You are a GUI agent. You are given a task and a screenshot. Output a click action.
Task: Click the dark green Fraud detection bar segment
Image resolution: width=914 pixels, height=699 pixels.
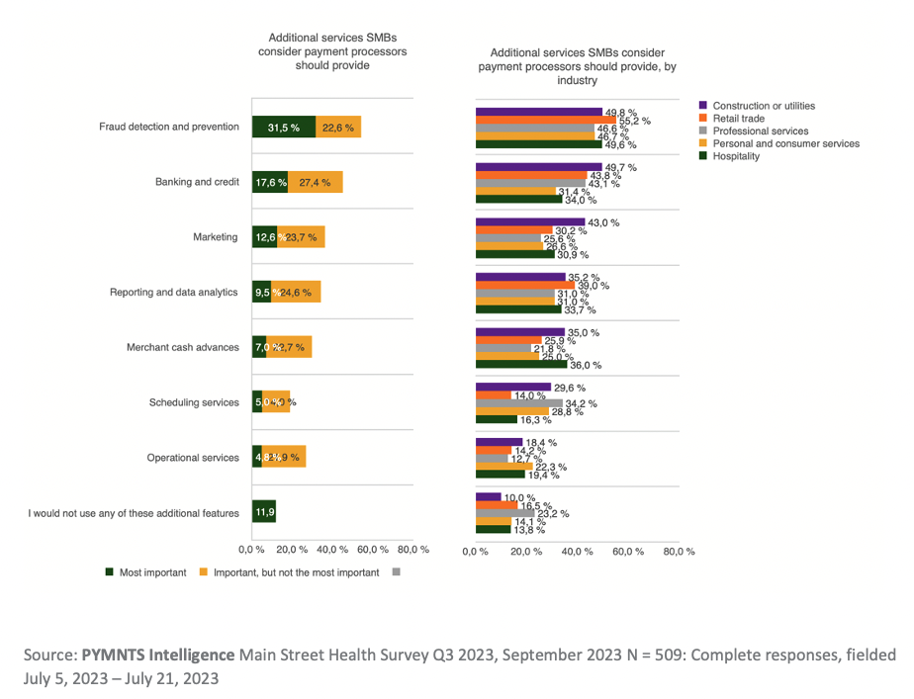pos(284,127)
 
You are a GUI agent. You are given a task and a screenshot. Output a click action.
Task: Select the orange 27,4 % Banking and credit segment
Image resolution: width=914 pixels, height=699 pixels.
pos(316,182)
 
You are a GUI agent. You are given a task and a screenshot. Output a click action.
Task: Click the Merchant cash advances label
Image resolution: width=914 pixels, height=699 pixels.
pos(183,348)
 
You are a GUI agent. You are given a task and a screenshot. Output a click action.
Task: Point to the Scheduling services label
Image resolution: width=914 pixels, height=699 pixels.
pos(194,402)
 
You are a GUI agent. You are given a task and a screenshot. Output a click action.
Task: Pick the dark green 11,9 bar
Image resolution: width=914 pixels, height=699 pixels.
pos(264,513)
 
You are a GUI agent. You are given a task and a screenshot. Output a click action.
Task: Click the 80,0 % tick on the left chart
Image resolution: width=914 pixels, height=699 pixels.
pos(412,549)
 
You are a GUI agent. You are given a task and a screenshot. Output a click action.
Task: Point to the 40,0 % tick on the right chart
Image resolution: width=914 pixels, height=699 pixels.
pos(577,552)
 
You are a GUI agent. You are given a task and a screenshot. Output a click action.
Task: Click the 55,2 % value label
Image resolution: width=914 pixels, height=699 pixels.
pos(635,121)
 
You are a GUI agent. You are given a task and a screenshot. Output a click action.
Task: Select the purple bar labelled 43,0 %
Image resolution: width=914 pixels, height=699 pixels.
pos(530,222)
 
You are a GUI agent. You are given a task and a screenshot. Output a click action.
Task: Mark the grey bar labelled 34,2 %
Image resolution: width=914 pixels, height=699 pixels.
pos(519,403)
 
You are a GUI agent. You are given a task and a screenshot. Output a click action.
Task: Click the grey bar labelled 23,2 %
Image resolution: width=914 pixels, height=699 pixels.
pos(504,513)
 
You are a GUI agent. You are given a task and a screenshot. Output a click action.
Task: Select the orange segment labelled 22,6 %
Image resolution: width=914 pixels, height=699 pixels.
pos(338,127)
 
